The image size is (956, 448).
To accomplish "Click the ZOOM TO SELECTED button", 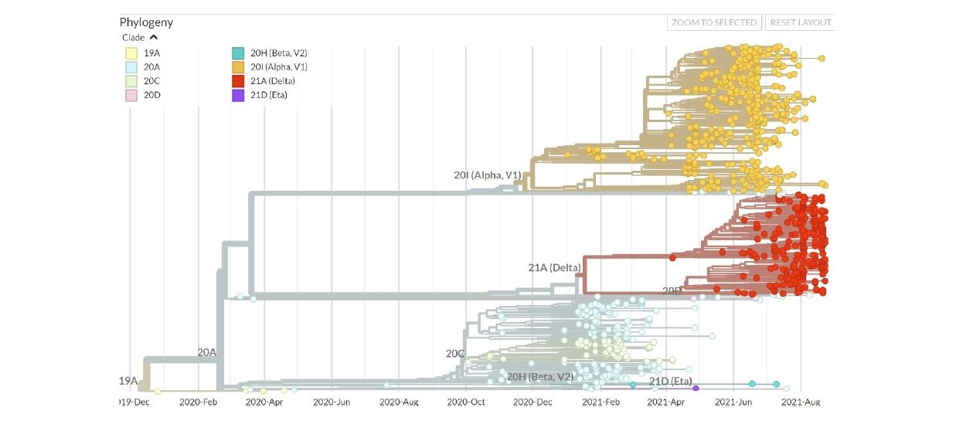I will coord(714,22).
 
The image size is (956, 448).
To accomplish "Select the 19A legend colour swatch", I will coord(131,53).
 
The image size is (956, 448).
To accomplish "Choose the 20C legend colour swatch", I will coord(131,81).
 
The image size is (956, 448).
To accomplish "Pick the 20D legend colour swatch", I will coord(131,95).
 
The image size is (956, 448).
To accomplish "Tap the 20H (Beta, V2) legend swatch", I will coord(238,53).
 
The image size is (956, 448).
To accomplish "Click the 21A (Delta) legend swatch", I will coord(238,81).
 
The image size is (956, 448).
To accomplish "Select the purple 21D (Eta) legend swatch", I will coord(238,95).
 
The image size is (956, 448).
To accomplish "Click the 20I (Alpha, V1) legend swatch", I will coord(238,67).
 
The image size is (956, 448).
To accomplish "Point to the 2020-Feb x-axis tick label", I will coord(199,402).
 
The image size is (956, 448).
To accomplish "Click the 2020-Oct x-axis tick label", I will coord(466,402).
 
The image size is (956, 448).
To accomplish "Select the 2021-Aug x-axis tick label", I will coord(800,402).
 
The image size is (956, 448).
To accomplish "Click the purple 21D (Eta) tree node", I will coord(696,389).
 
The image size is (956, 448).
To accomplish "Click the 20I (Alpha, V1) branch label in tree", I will coord(487,175).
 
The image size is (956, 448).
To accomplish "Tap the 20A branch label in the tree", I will coord(206,352).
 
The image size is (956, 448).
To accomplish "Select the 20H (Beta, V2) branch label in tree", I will coord(539,377).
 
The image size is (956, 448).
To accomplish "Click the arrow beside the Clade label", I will coord(153,37).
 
